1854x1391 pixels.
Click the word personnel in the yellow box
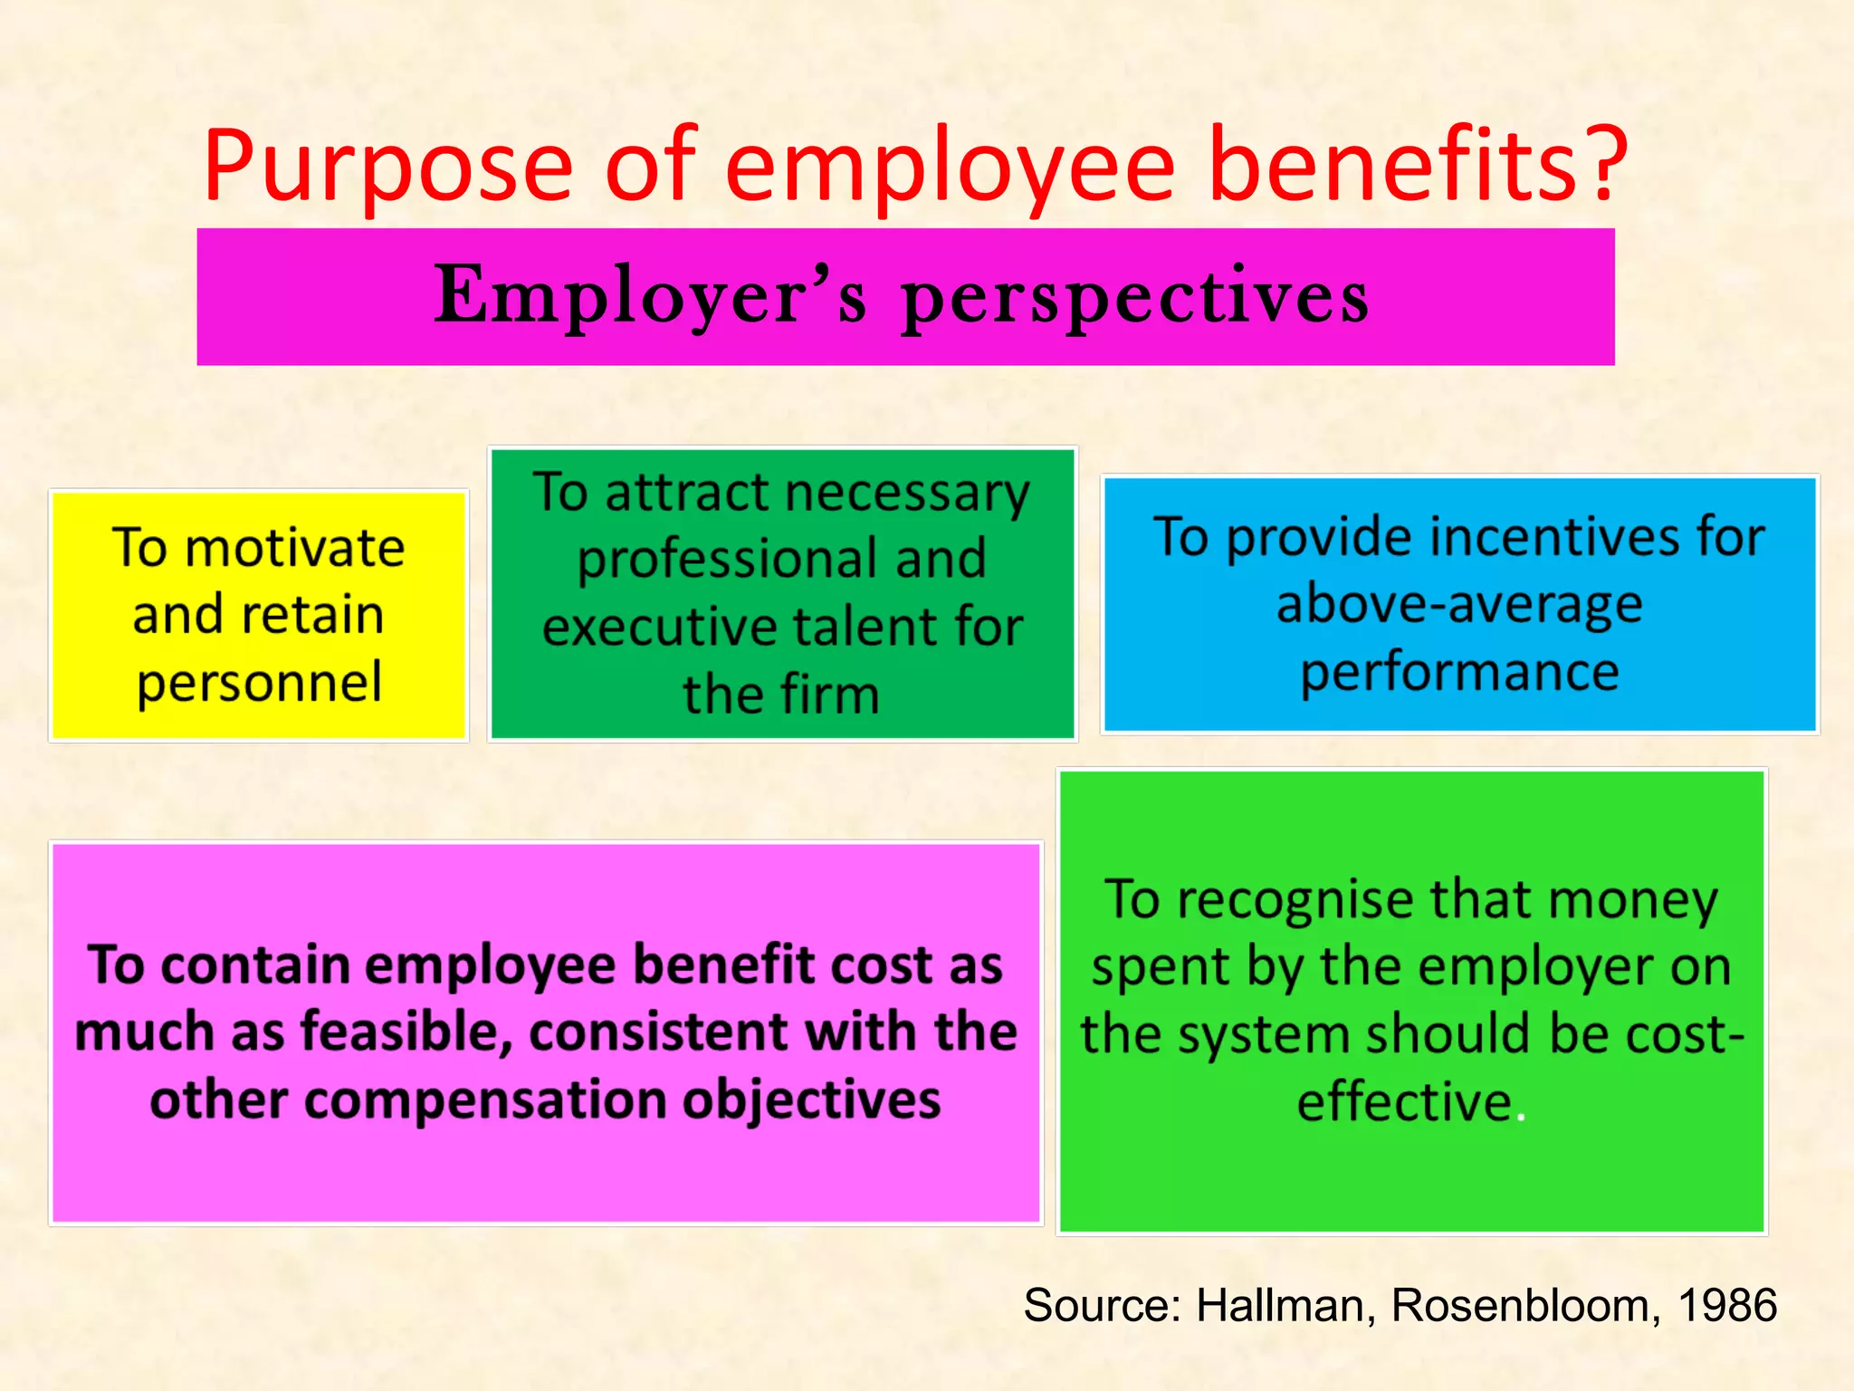click(260, 684)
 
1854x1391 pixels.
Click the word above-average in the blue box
click(1459, 605)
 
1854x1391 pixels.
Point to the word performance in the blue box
click(1459, 673)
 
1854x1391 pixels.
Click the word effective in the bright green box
click(1405, 1102)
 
